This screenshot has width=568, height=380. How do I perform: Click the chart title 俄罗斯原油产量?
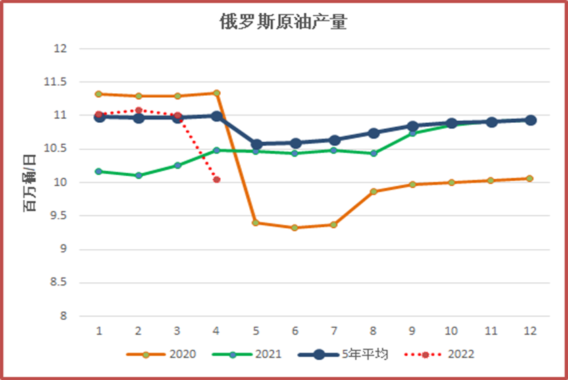pos(283,23)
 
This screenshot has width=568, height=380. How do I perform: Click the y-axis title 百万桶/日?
pos(30,183)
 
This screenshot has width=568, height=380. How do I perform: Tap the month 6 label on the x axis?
pos(294,331)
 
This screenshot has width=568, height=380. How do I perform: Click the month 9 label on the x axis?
pos(412,331)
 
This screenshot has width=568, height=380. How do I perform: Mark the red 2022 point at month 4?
pos(216,180)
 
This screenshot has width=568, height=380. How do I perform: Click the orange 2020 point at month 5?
pos(255,223)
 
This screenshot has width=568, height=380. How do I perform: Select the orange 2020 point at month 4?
pos(216,93)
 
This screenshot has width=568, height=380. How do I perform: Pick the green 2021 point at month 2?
pos(138,175)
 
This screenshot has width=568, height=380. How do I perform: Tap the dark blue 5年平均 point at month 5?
pos(255,144)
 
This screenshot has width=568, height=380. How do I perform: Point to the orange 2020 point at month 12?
pos(530,178)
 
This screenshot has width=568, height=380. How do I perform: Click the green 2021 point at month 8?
pos(373,153)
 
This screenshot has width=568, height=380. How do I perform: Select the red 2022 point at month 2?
pos(138,110)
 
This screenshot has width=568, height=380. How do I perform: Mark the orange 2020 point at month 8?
pos(373,192)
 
